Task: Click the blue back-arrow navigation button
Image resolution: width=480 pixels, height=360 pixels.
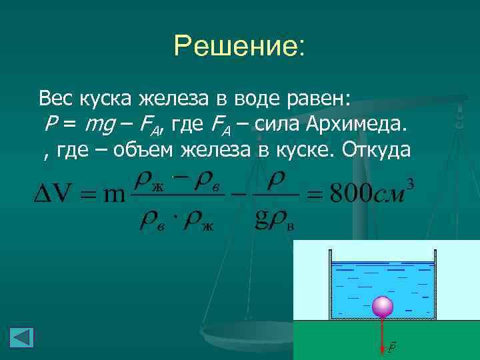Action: coord(21,337)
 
